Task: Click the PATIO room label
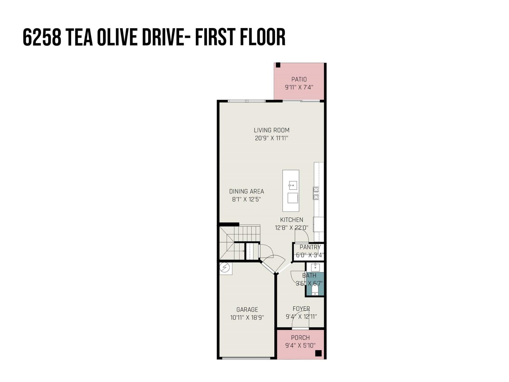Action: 299,79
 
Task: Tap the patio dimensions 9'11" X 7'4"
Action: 299,87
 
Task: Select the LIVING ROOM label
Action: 271,130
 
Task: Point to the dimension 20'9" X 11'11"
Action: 271,138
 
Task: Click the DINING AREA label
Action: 247,191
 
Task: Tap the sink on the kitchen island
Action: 293,185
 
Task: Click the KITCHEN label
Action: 292,220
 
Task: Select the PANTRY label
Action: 310,247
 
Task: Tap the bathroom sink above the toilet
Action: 315,266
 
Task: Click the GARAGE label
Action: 247,310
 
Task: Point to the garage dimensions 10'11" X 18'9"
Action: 247,318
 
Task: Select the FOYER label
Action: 301,309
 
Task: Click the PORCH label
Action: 300,338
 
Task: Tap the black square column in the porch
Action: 318,353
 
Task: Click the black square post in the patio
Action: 278,65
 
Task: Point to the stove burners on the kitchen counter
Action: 316,193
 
